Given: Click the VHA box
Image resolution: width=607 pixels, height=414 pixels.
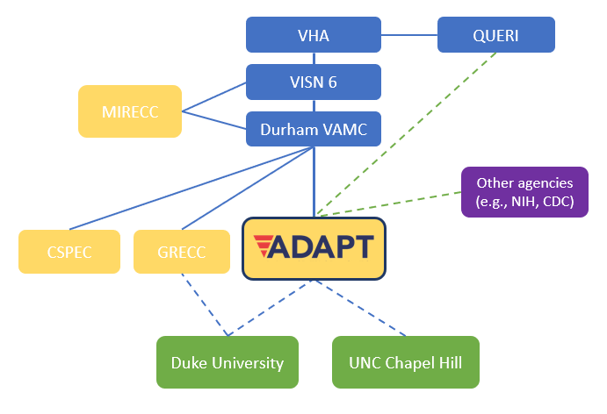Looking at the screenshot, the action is pos(314,35).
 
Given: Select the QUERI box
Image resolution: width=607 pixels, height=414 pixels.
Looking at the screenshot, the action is pos(496,35).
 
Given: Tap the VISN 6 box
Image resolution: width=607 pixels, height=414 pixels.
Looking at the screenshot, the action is pos(314,82).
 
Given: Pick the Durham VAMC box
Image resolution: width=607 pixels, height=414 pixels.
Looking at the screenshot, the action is pos(314,129).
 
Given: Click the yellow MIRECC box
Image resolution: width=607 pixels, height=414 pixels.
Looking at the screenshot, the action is pos(130,111).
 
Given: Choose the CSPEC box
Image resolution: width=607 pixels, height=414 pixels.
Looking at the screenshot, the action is pos(69,252).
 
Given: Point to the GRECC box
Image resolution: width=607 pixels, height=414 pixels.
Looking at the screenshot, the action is pos(182,252).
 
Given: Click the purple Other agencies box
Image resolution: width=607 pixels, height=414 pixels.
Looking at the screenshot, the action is pos(524,192).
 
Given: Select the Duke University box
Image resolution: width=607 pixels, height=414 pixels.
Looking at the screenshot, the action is pos(228,362).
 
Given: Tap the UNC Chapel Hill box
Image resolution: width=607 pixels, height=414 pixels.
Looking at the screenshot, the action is pos(406,362).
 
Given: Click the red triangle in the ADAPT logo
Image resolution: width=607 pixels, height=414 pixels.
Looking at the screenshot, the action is pos(264,246).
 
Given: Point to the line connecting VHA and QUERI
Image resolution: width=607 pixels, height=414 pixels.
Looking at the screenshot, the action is pos(409,35).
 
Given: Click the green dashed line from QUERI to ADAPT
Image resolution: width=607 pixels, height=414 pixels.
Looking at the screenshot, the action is pos(407,133).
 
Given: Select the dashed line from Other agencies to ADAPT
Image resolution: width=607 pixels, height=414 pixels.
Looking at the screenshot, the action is pos(389,203).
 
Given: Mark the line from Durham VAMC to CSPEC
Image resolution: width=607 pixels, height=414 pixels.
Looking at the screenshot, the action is pos(191,189).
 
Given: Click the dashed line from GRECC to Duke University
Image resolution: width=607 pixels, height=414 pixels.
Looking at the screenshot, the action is pos(205,304).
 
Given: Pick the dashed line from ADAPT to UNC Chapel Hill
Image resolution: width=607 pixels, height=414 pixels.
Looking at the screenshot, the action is pos(359,308).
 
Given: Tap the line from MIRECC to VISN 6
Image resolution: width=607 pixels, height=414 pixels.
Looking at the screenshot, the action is pos(214,97).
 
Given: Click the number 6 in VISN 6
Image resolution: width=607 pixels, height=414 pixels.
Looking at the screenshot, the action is pos(332,82).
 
